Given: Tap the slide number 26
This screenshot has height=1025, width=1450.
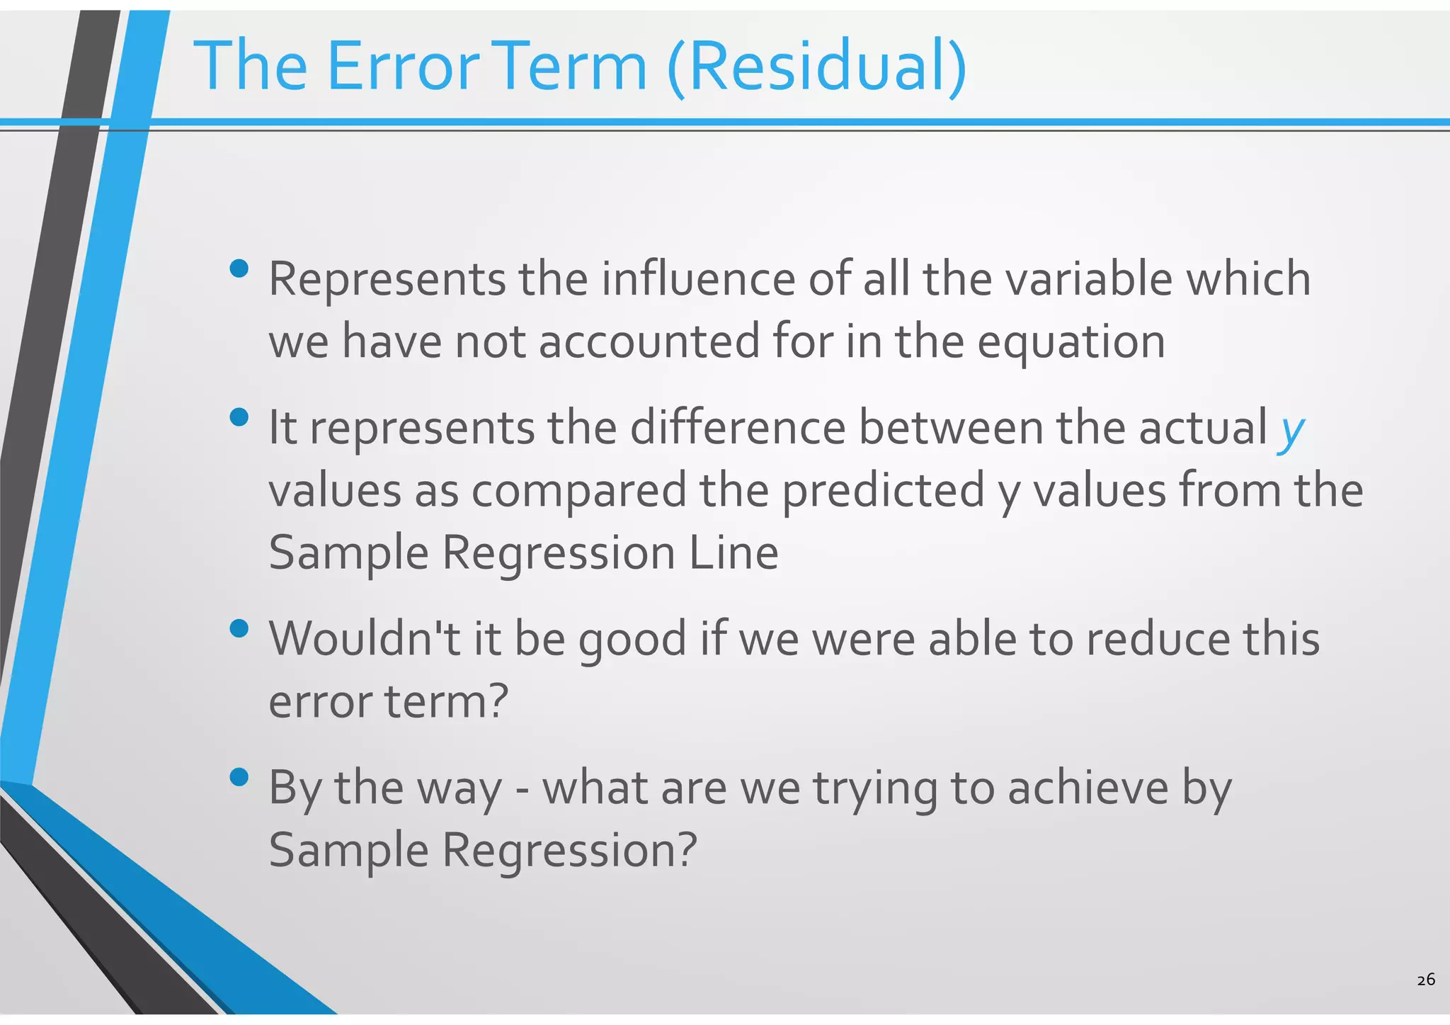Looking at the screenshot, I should (1426, 980).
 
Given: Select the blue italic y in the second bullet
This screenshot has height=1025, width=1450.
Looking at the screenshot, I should (1291, 429).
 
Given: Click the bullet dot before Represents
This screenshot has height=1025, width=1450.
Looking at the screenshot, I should (239, 268).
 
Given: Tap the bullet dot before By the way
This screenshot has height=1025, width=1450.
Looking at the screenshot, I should (239, 778).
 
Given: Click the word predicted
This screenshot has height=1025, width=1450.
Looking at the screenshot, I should (883, 490).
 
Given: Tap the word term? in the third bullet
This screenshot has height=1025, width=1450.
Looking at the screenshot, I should (446, 701).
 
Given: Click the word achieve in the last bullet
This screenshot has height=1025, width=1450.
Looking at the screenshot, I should (1087, 788).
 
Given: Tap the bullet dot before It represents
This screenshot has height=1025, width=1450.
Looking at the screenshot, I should (239, 417).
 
